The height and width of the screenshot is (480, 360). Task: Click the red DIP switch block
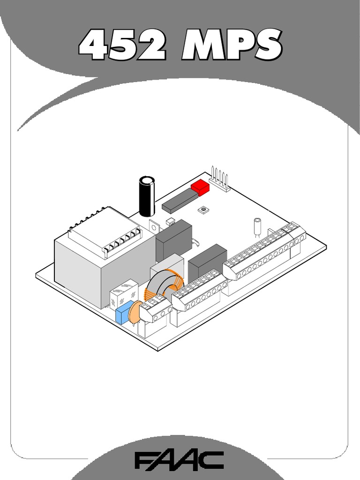click(x=200, y=187)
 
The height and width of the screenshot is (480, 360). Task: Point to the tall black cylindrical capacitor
click(x=146, y=196)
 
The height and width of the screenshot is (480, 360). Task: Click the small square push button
click(x=203, y=210)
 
